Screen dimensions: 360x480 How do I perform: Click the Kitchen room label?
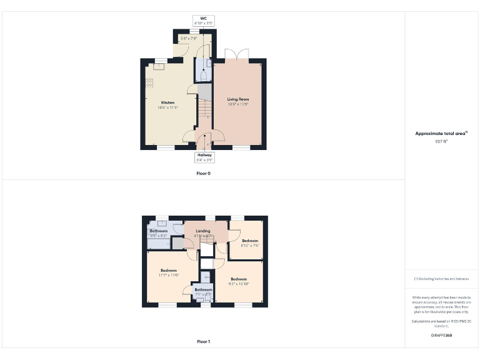167,102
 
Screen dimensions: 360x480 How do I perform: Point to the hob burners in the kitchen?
150,83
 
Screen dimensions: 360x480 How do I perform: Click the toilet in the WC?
204,76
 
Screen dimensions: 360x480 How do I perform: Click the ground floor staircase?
205,112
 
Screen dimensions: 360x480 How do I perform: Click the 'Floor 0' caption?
204,173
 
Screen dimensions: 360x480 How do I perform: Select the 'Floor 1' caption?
204,342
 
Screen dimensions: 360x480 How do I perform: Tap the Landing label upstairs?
203,231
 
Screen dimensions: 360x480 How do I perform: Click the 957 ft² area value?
442,142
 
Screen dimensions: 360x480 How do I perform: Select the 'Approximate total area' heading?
442,133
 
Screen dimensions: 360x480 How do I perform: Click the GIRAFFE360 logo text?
441,336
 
